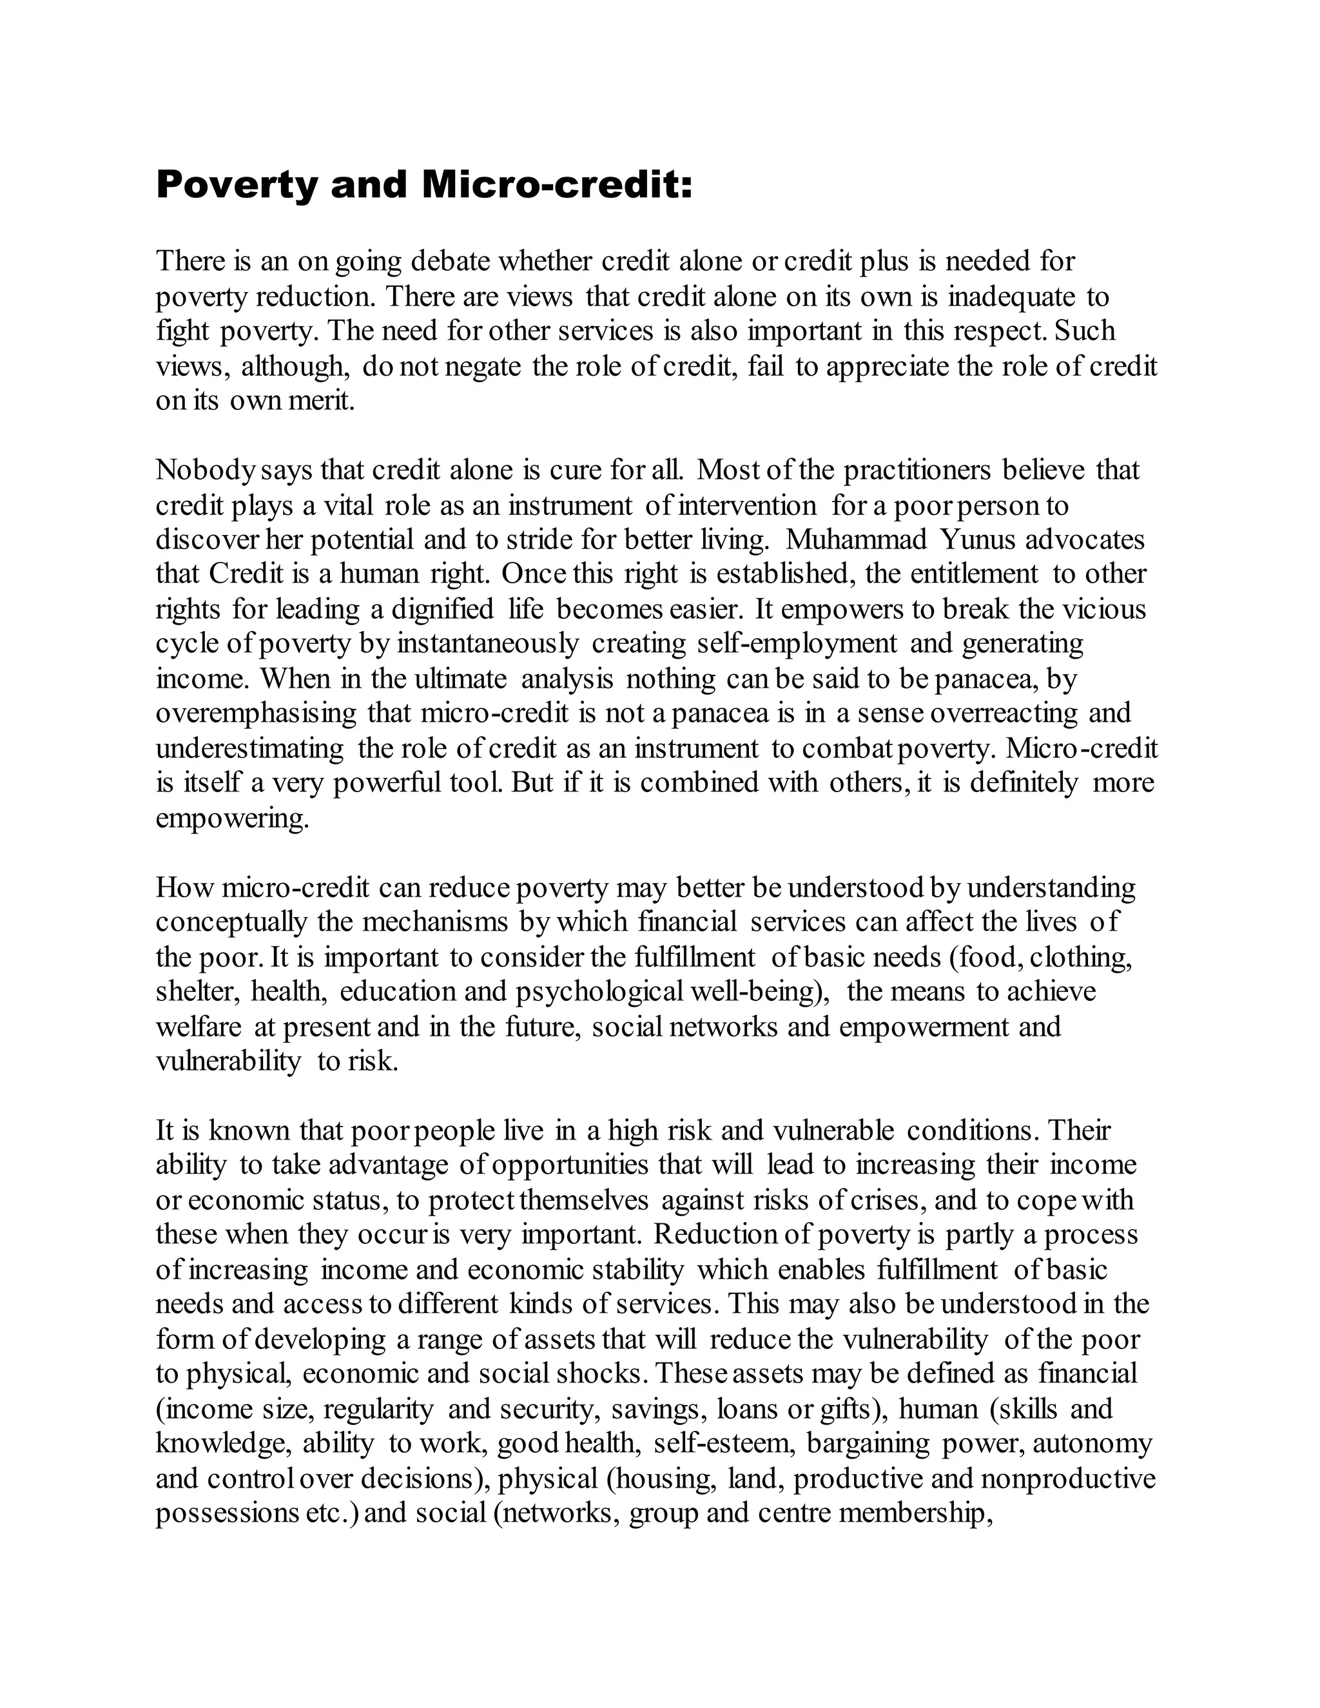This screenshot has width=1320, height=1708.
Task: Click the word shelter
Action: pyautogui.click(x=199, y=992)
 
